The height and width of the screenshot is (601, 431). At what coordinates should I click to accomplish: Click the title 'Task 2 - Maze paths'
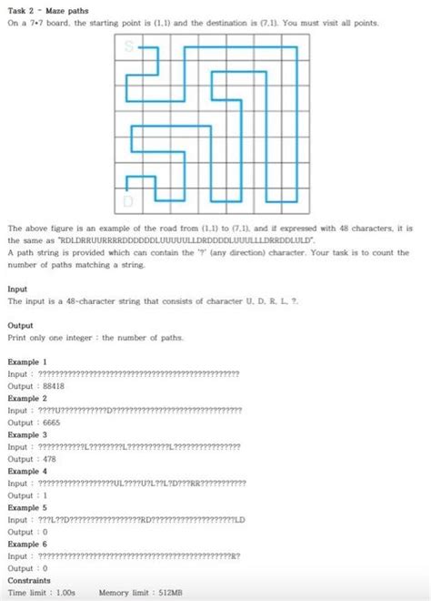(x=43, y=9)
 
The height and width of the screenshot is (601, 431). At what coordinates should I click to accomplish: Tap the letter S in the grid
(x=129, y=46)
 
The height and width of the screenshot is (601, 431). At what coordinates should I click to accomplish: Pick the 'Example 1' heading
(x=26, y=362)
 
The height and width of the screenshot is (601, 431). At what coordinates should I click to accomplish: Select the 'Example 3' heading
(x=26, y=434)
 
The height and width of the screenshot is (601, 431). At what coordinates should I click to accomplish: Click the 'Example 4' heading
(x=26, y=471)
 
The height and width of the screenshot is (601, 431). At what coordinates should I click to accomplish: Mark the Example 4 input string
(x=141, y=483)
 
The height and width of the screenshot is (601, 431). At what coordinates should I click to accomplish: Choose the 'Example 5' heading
(x=26, y=507)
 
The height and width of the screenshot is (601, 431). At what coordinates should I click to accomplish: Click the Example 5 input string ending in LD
(x=141, y=519)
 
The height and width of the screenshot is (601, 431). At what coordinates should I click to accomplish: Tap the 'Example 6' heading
(x=26, y=544)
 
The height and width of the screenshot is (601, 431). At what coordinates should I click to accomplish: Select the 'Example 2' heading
(x=26, y=398)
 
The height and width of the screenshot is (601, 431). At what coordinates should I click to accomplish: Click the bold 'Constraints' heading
(x=29, y=580)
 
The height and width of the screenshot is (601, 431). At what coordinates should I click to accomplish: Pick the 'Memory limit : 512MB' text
(x=140, y=592)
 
